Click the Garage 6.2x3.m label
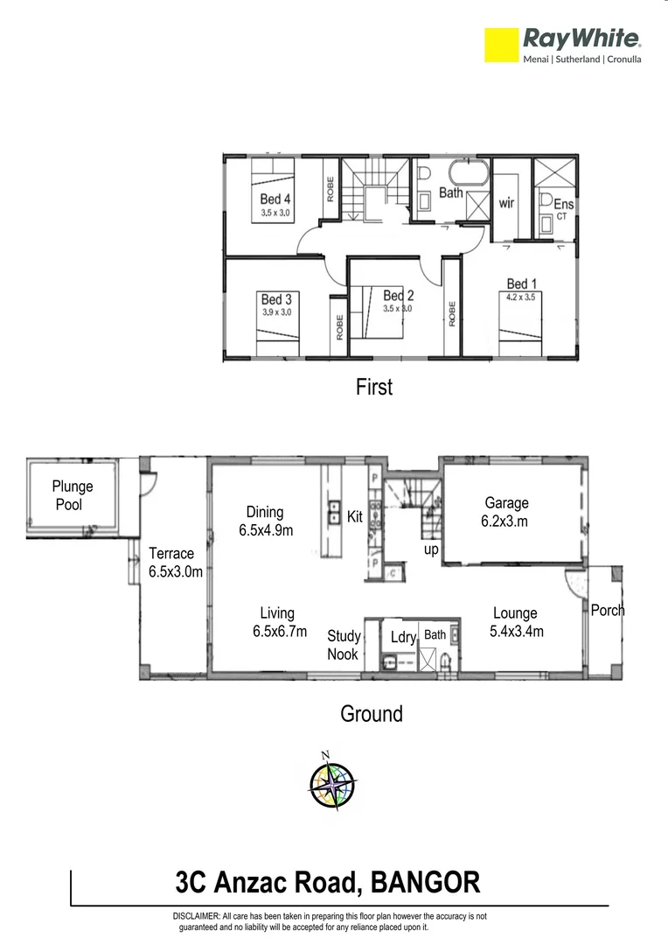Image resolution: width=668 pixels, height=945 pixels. tap(506, 512)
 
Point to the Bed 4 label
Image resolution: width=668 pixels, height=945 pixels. tap(275, 206)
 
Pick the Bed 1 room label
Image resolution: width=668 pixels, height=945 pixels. tap(522, 290)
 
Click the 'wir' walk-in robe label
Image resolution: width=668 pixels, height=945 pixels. tap(506, 203)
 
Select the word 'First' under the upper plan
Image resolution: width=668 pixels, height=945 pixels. tap(374, 387)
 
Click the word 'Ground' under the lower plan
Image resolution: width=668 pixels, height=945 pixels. tap(372, 714)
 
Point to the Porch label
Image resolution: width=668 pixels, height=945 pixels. tap(608, 610)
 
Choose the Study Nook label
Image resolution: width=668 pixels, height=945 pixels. tap(344, 645)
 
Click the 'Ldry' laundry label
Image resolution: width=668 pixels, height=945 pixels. tap(403, 638)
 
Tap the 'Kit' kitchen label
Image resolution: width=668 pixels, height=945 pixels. tap(354, 517)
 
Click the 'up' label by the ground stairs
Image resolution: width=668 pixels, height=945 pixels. tap(431, 549)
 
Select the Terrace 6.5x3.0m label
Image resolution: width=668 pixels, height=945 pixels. tap(176, 563)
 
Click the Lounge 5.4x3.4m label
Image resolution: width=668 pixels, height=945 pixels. tap(515, 622)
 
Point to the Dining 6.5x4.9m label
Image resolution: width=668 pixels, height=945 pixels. tap(265, 521)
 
